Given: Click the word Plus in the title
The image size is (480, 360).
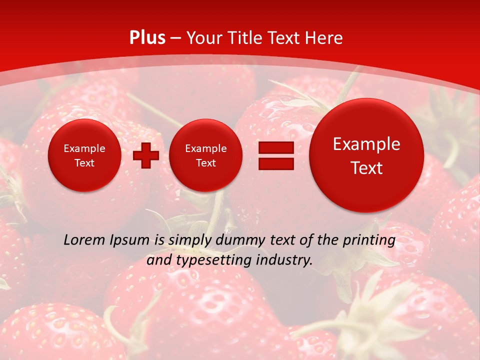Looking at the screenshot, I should click(x=147, y=38).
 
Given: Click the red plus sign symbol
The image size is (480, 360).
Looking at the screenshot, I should click(x=146, y=155).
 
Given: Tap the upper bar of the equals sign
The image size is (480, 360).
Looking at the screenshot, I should click(x=276, y=147).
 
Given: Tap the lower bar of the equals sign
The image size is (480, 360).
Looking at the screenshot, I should click(x=276, y=163).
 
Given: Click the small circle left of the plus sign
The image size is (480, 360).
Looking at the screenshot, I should click(x=84, y=155).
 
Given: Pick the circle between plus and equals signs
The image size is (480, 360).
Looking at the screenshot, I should click(x=205, y=155).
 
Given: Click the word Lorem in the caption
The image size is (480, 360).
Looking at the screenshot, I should click(x=82, y=240).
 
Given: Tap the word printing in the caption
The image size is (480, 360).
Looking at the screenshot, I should click(x=368, y=240).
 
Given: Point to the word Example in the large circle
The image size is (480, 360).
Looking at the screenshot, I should click(x=366, y=144).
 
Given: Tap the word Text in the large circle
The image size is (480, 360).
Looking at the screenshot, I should click(x=366, y=168).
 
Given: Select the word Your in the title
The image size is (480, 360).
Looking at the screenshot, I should click(x=204, y=38).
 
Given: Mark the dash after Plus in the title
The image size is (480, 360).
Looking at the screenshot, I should click(x=175, y=38).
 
